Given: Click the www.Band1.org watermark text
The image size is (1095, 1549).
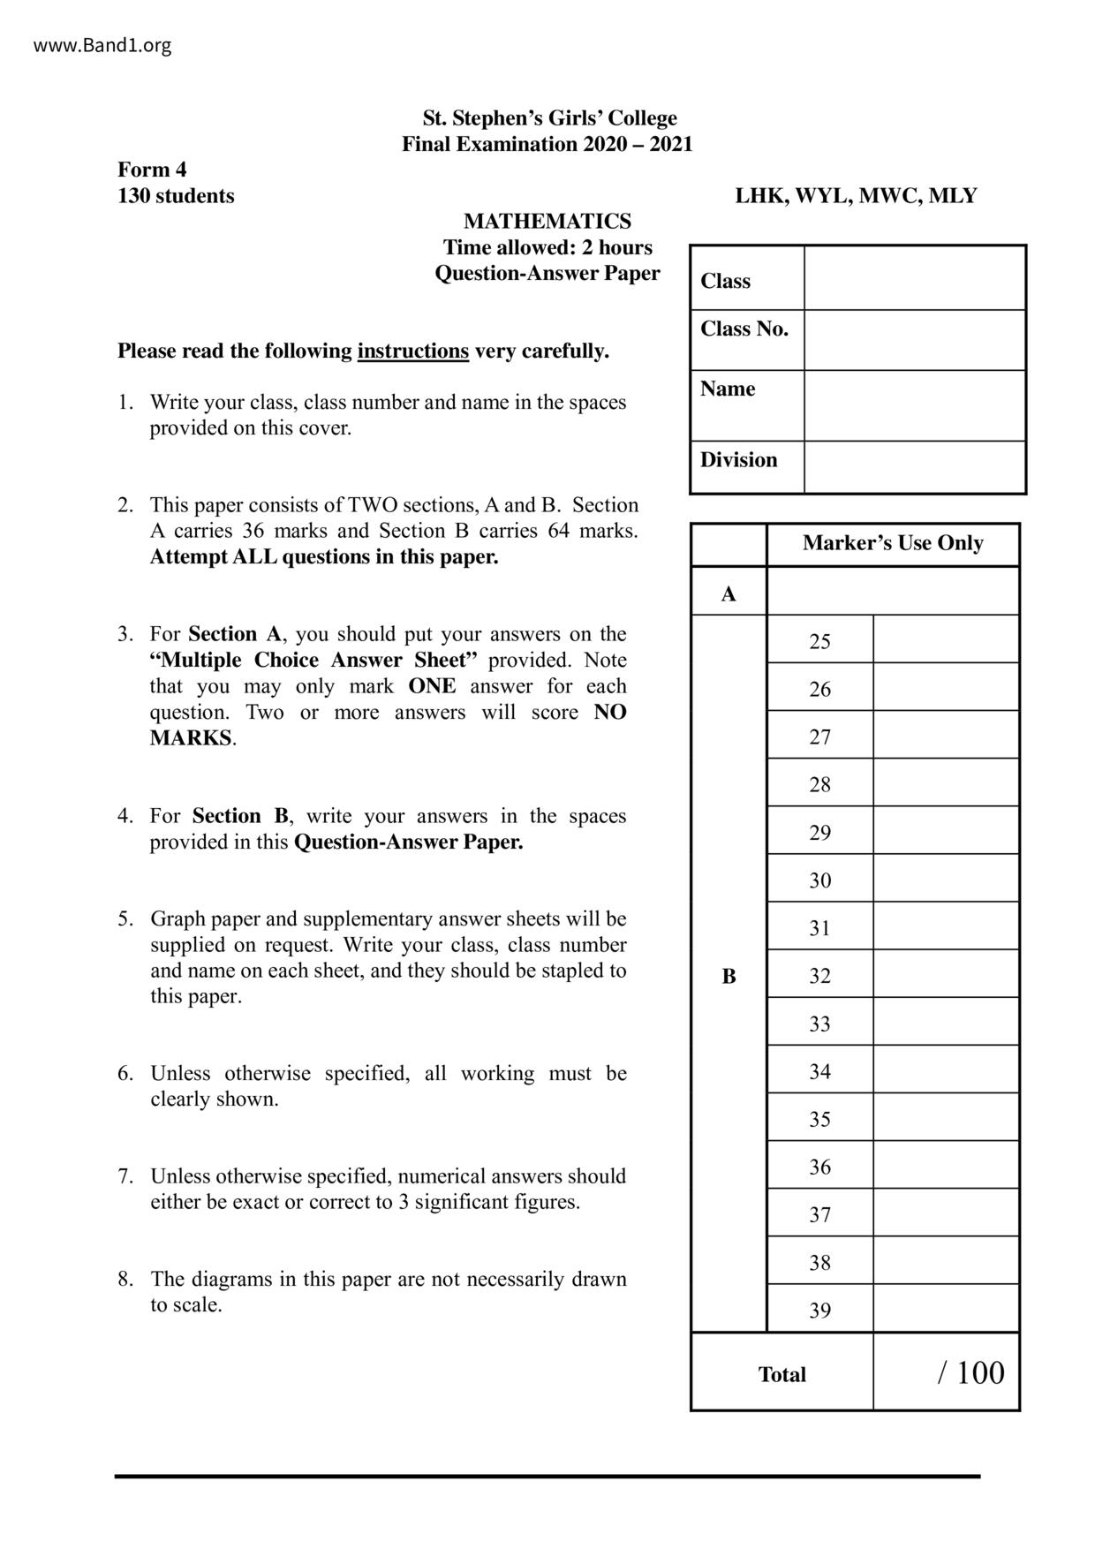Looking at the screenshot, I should pos(102,45).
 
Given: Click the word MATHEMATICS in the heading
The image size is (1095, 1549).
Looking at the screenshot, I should pos(547,221).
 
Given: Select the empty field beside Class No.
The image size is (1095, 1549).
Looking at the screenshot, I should pos(914,339).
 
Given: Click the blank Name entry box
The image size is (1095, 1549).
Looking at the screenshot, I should pos(914,404).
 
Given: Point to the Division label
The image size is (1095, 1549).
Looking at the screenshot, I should pos(739,459).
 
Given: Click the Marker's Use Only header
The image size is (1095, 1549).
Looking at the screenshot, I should pos(893,543).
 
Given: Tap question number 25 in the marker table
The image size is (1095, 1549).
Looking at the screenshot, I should pos(819,641).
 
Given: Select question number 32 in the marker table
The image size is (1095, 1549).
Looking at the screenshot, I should pos(819,975).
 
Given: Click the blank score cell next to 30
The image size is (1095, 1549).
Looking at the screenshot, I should pos(946,879).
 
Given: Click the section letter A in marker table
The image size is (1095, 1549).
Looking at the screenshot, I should pos(729,593).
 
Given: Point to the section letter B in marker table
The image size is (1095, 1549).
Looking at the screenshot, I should pos(729,976).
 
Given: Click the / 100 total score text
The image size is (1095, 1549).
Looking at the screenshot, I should pos(970,1372).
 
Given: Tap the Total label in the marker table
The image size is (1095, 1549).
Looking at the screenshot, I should pos(782,1374).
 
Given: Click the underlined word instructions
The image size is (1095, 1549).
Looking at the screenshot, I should pos(412,351).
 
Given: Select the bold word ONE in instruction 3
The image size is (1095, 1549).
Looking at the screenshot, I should pos(432,686).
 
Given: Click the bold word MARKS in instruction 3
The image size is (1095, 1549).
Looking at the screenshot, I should pos(191,738).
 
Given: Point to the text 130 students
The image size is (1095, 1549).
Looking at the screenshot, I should pos(176,195).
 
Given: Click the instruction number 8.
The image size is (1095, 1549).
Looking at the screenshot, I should pos(125,1279).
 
